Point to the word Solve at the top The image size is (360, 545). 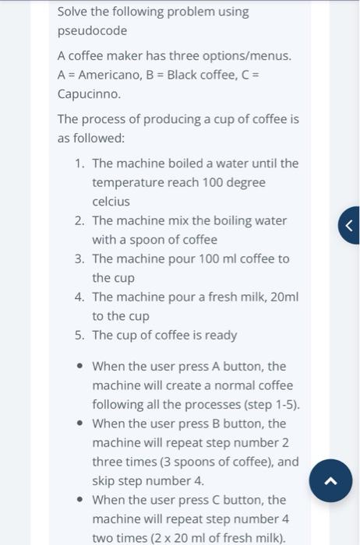point(75,12)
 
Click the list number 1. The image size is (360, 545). point(79,163)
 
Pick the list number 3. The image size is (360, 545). point(79,258)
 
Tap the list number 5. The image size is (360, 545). point(79,335)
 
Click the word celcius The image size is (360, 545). point(111,201)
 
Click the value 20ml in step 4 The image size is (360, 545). point(284,297)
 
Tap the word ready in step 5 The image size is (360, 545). point(221,335)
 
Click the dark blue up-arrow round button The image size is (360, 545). point(330,480)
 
